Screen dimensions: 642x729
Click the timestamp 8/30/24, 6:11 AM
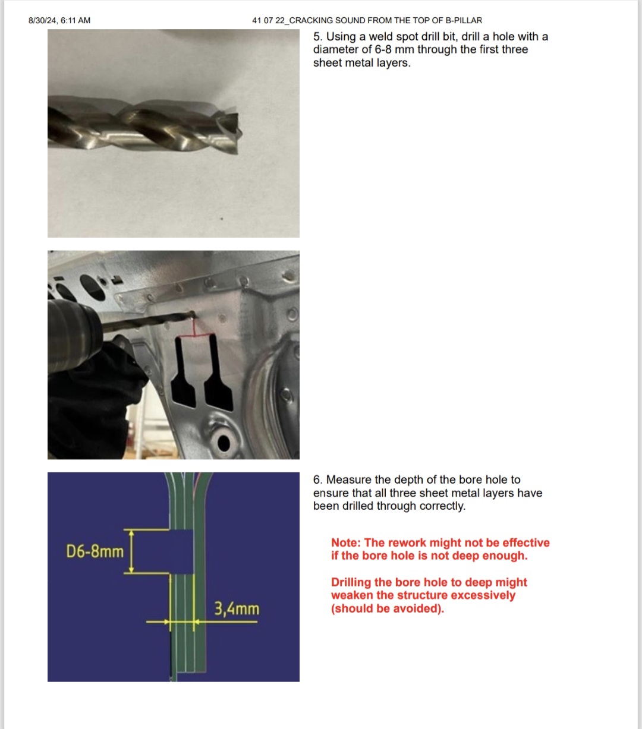point(59,21)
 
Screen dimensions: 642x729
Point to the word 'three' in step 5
point(515,50)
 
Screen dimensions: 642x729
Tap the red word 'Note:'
point(346,542)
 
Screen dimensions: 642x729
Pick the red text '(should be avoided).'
point(388,608)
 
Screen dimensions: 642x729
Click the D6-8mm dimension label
point(95,551)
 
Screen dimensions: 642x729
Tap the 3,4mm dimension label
point(237,608)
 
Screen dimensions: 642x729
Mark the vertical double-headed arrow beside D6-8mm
point(131,551)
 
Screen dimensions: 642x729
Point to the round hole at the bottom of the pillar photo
point(224,443)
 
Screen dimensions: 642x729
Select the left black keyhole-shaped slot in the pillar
point(183,374)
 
